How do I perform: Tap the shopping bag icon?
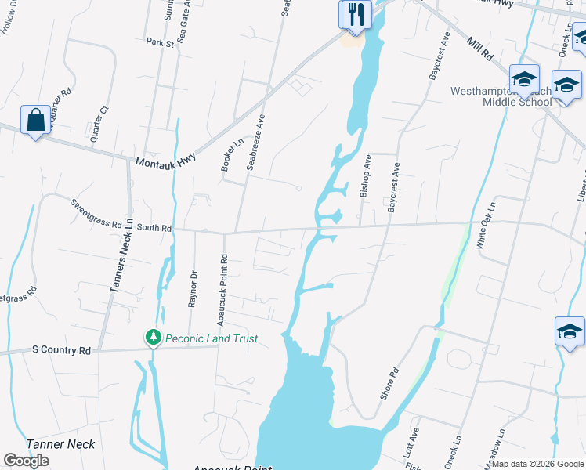34,121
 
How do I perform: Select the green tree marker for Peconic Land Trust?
154,338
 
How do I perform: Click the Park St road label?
160,42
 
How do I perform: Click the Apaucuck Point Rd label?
222,280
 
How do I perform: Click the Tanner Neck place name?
61,444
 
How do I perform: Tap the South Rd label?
154,228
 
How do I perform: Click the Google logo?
27,461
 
